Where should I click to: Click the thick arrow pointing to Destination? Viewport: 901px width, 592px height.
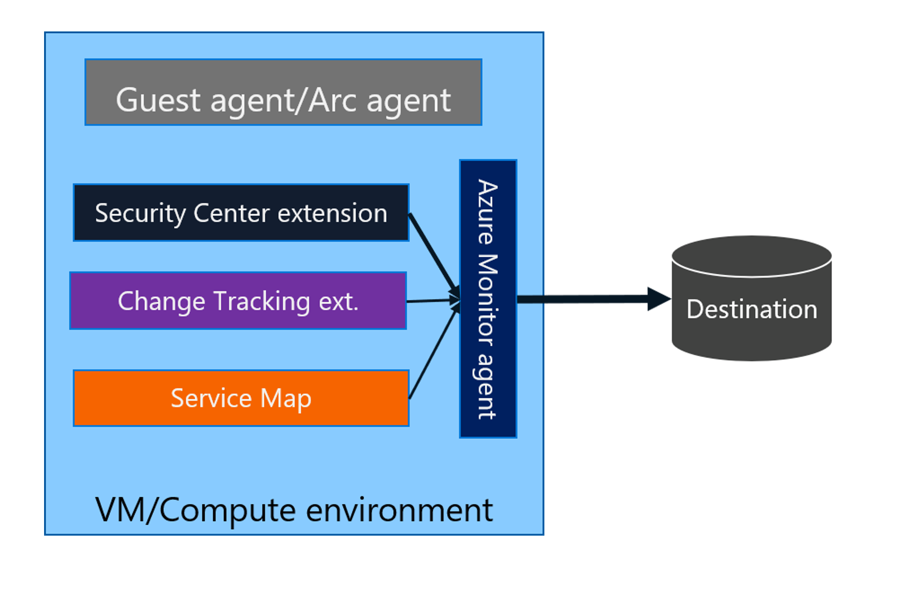[x=584, y=299]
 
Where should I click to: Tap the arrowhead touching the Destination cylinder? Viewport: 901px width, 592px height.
[x=658, y=299]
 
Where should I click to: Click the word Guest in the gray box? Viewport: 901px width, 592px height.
[x=158, y=100]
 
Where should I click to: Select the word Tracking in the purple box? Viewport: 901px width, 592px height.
[x=262, y=301]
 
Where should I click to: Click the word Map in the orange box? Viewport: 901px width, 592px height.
[x=286, y=398]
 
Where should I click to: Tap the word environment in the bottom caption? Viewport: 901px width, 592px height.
[x=399, y=510]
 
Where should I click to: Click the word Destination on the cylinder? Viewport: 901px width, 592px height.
[x=752, y=309]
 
